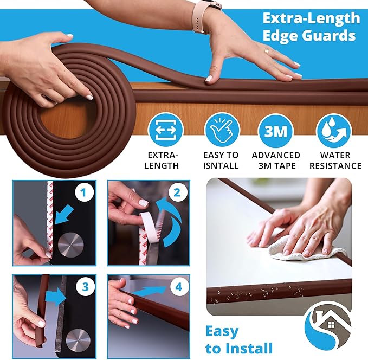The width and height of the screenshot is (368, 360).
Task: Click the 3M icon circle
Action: [x=276, y=131]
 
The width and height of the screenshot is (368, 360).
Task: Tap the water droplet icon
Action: [x=333, y=131]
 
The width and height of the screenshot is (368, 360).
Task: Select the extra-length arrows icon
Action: [x=165, y=131]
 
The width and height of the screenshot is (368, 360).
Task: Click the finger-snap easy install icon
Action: [x=221, y=131]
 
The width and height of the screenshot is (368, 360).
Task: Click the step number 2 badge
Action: [x=176, y=192]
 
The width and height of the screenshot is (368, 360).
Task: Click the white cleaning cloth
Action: [x=306, y=250]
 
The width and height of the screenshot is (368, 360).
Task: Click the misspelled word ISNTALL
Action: [x=221, y=165]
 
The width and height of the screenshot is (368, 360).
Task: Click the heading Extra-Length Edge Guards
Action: [x=309, y=27]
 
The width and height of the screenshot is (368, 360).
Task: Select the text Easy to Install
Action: [x=238, y=339]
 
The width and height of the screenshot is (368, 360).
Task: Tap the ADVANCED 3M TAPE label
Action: [x=276, y=160]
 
